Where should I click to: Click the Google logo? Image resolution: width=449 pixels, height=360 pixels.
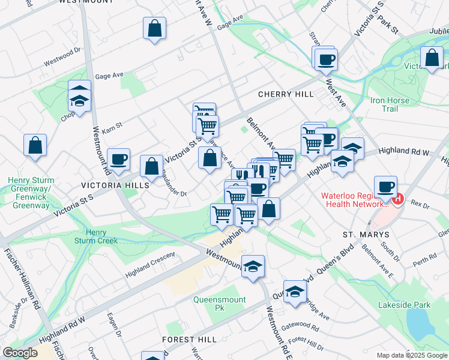click(20, 353)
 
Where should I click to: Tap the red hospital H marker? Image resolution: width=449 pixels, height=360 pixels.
click(399, 197)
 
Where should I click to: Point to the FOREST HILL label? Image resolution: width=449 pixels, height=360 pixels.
click(190, 340)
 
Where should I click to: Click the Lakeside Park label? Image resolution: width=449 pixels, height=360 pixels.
click(404, 305)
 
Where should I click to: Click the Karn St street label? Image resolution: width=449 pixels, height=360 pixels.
click(112, 127)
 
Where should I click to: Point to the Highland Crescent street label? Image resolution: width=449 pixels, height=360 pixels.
click(149, 265)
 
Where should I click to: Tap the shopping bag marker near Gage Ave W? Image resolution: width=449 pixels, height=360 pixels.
click(154, 28)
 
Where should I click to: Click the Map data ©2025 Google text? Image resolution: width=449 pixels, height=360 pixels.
click(411, 355)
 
